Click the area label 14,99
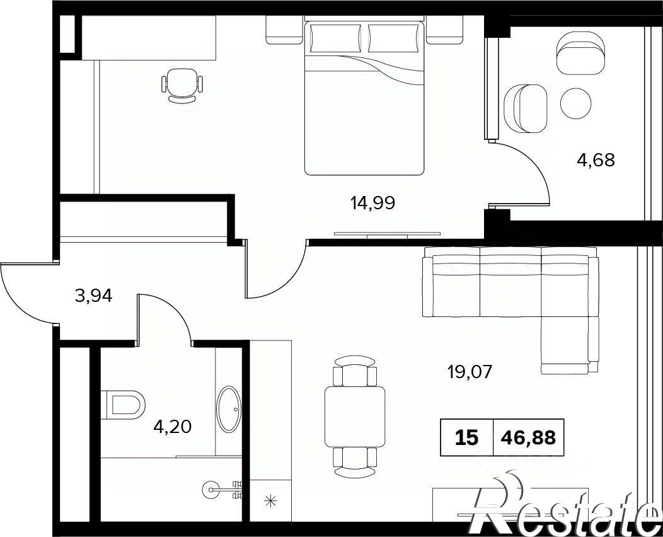pos(372,204)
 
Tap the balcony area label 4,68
pos(596,160)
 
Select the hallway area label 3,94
pos(93,296)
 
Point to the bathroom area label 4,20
pos(173,427)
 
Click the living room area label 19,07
pos(470,372)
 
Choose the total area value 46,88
pos(528,437)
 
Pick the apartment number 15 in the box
pos(467,437)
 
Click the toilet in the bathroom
pos(123,405)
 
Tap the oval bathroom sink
pos(228,409)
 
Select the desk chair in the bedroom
pos(182,86)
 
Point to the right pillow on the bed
pos(393,38)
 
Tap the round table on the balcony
pos(575,103)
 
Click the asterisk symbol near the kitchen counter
pos(270,501)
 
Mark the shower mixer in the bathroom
pos(223,489)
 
